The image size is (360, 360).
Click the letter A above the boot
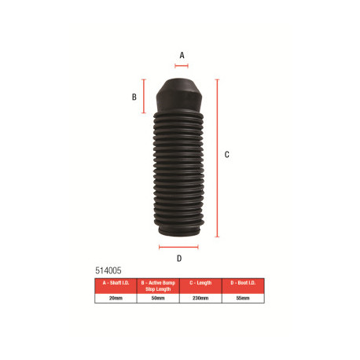tap(182, 55)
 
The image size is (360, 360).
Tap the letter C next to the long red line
tap(226, 155)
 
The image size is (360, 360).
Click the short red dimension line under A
tap(182, 66)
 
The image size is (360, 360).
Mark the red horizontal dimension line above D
tap(178, 247)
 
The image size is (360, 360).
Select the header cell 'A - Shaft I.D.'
tap(115, 282)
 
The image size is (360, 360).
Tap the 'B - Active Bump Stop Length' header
tap(157, 285)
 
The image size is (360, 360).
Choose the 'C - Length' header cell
tap(200, 282)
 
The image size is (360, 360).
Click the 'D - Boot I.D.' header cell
tap(243, 282)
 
